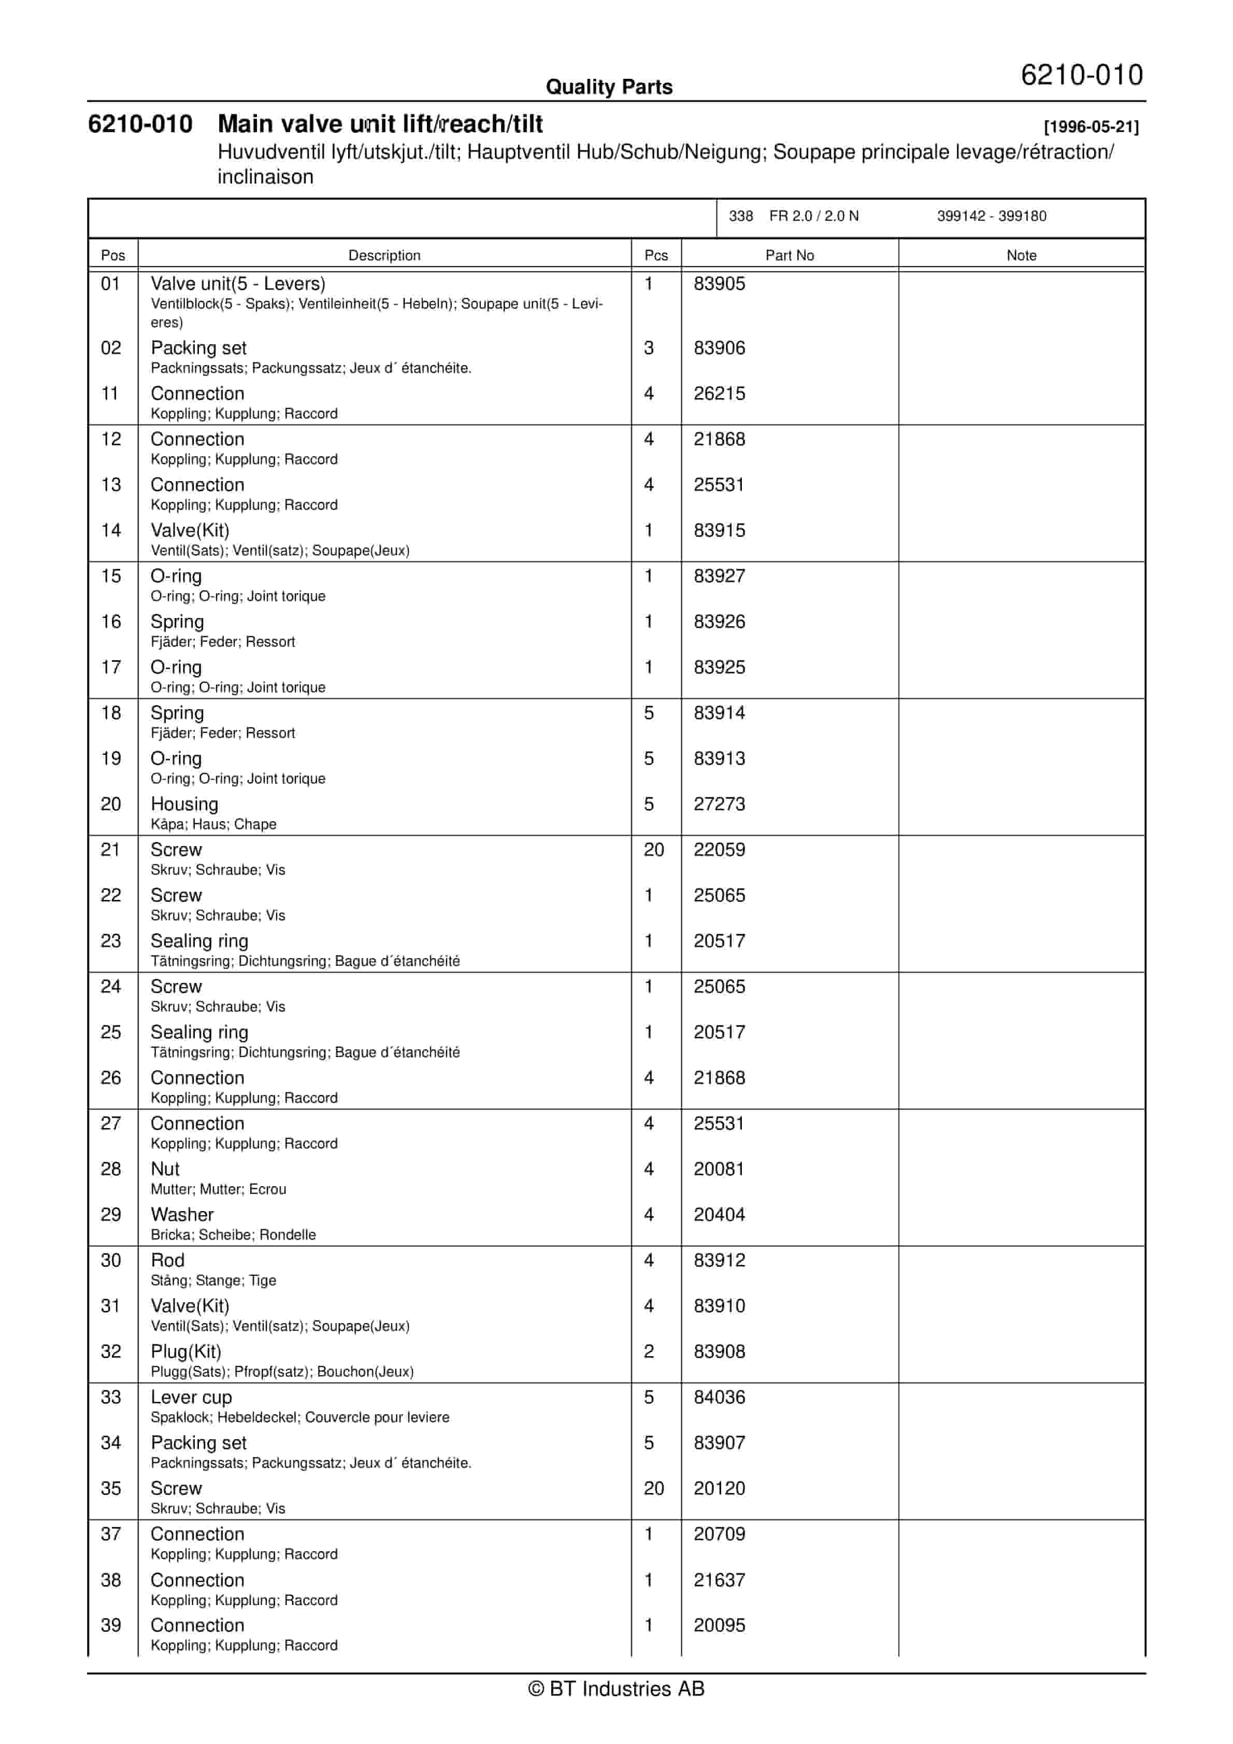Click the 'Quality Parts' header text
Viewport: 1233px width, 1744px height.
pos(609,87)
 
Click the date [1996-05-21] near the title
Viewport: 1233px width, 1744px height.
pos(1091,127)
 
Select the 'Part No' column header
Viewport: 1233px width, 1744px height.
pos(789,255)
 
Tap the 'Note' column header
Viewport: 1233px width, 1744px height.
pos(1021,255)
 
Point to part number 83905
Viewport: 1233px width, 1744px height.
pos(719,284)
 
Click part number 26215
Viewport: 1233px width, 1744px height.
pos(719,393)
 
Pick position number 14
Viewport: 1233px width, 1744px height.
pos(111,530)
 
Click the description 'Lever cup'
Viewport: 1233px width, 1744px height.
pos(191,1397)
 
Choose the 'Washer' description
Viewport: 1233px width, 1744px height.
pos(182,1215)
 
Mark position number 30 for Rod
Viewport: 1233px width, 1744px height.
pos(111,1260)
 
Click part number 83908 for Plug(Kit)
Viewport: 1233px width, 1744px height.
pos(719,1352)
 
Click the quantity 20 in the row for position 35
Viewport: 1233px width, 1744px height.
pos(654,1488)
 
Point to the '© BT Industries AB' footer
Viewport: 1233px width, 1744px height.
pos(616,1689)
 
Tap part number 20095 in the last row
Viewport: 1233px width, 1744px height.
pos(719,1625)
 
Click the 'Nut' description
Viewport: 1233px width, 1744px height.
pos(165,1169)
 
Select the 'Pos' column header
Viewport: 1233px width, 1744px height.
pos(112,255)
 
